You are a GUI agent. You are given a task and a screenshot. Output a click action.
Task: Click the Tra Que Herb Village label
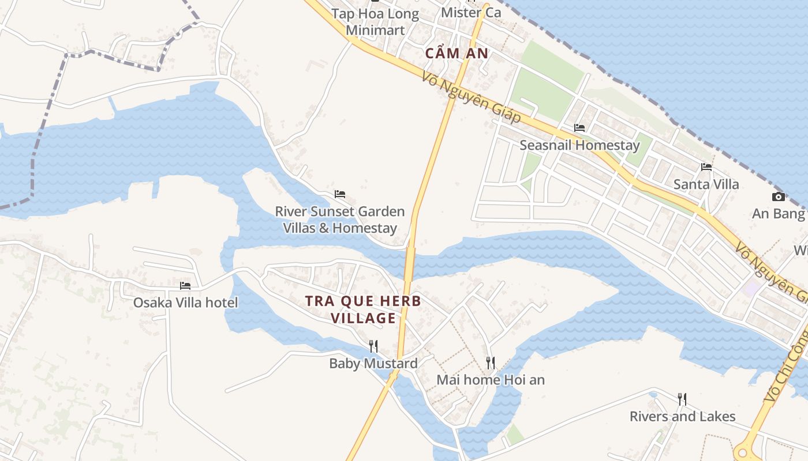click(363, 309)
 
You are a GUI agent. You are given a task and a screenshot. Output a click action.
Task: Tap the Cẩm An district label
click(457, 54)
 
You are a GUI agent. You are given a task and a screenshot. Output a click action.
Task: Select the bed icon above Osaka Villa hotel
click(185, 286)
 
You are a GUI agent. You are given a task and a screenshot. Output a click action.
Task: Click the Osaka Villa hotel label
click(185, 303)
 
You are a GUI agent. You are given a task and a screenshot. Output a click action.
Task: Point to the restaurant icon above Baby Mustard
click(373, 346)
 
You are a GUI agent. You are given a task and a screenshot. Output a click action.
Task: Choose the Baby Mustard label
click(373, 364)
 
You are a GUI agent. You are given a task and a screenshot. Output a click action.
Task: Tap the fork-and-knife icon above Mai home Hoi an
click(491, 363)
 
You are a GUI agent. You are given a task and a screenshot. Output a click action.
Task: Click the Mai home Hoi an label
click(491, 380)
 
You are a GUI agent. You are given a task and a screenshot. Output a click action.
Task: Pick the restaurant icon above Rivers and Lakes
click(682, 399)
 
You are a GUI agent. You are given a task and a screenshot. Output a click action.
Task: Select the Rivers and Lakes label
click(682, 416)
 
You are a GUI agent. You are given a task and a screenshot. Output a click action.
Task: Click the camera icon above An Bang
click(779, 197)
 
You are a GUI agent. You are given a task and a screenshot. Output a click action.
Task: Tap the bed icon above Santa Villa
click(706, 168)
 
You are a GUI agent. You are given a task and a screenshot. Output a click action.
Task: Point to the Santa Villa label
click(706, 184)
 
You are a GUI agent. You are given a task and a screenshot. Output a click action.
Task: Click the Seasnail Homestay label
click(579, 145)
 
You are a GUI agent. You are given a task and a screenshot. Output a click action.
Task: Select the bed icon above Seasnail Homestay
click(579, 128)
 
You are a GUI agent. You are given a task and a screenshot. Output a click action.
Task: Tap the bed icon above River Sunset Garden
click(340, 194)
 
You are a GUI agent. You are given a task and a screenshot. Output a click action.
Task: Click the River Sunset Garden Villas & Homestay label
click(340, 220)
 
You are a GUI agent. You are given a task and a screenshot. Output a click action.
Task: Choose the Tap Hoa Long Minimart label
click(375, 22)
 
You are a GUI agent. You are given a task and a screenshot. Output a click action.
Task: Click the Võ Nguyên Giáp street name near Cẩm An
click(472, 97)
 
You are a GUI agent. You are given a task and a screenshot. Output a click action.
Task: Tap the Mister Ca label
click(471, 12)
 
